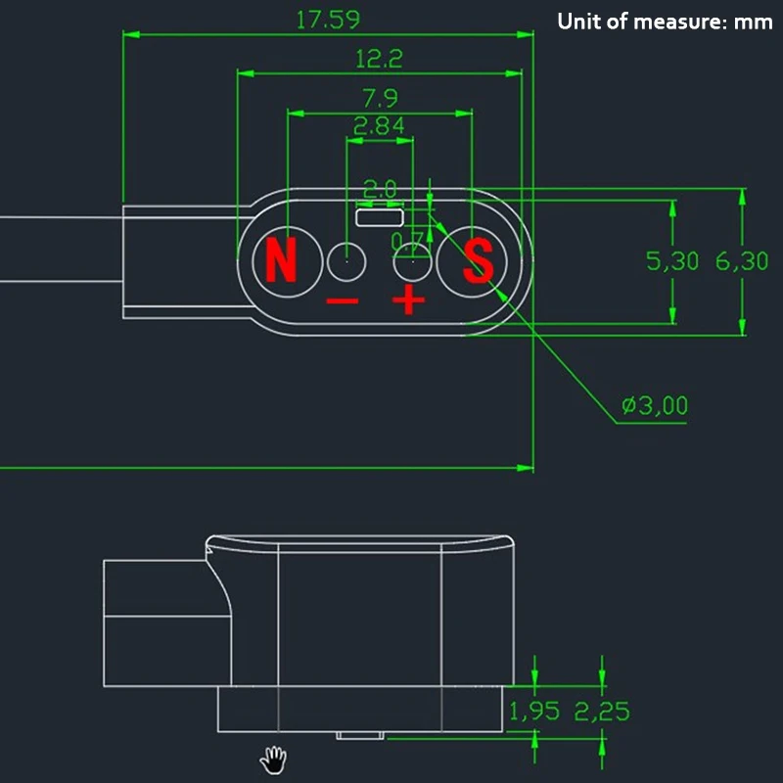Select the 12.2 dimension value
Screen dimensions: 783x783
point(379,59)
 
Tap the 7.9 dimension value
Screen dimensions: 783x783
point(380,99)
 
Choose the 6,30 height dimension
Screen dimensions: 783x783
point(742,261)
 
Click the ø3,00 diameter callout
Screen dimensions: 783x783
point(654,405)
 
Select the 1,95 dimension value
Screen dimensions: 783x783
point(533,712)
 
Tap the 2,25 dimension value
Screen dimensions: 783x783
point(602,712)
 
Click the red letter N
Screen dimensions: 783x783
point(281,261)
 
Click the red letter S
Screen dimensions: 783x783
point(479,261)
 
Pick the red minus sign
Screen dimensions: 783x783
point(343,301)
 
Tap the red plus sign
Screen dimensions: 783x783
point(409,301)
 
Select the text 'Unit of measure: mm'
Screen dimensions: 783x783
point(665,21)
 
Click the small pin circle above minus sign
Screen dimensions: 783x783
point(346,261)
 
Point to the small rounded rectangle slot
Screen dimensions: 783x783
point(380,217)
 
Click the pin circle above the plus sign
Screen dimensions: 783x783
point(411,261)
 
